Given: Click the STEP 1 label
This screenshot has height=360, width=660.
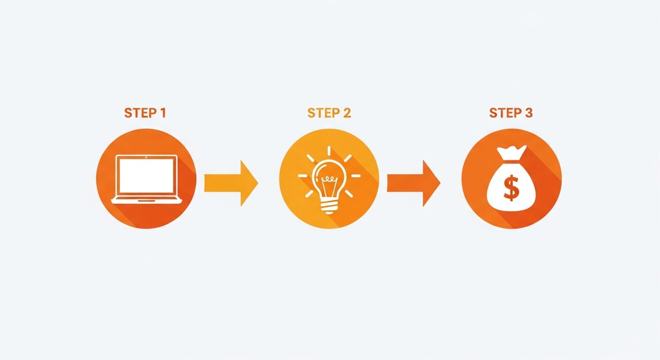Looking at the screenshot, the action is [x=145, y=113].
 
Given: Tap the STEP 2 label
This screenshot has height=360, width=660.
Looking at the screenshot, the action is [x=329, y=113].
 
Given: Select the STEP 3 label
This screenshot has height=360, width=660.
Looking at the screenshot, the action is [x=511, y=113].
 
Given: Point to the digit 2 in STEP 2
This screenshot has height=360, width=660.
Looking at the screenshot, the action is [x=347, y=113].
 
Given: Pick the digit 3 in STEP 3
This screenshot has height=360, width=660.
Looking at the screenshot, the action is [x=529, y=113].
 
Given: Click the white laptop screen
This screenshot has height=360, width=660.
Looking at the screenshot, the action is [x=146, y=176].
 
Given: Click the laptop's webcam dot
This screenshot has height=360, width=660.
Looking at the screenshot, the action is [x=146, y=157].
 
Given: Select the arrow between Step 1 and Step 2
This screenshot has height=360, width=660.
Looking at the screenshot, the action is [x=231, y=183].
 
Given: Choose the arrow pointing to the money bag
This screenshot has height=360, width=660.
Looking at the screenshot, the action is [x=414, y=183].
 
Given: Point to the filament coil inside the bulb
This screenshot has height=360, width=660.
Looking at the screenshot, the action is [x=329, y=179].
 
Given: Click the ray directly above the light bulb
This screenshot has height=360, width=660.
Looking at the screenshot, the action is [x=329, y=151].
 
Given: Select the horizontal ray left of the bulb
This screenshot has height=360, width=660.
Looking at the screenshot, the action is [x=303, y=176].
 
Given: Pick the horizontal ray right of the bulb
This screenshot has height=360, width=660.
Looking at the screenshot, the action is [x=356, y=176].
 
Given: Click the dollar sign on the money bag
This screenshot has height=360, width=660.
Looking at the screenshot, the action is [x=511, y=188].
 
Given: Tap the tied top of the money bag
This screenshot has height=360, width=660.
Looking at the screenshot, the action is [x=511, y=153].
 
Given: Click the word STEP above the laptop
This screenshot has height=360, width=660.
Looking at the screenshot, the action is [x=140, y=113].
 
